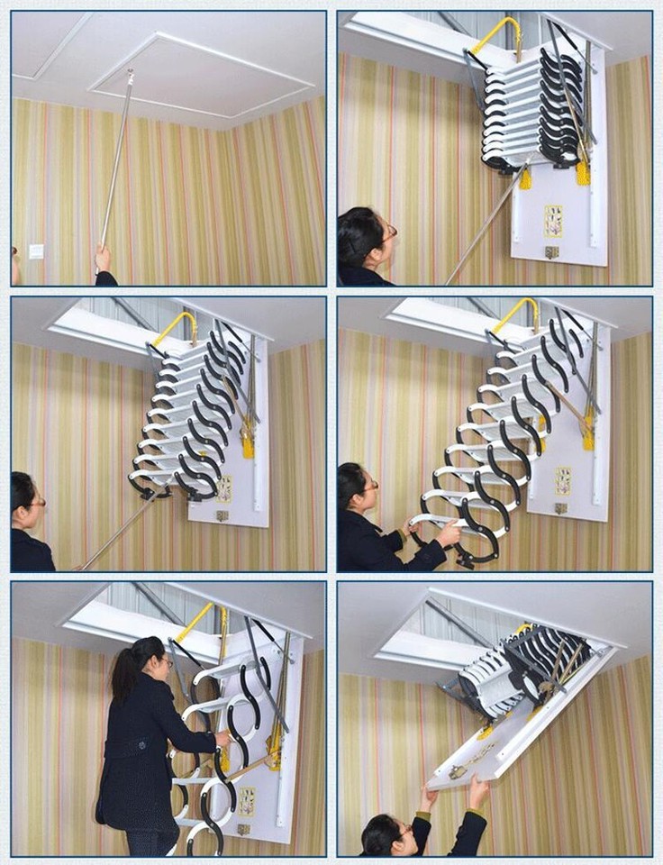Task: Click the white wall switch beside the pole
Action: coord(36,251)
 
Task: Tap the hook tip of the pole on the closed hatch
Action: coord(131,74)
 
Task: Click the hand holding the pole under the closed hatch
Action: coord(104,260)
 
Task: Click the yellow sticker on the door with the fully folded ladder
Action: coord(553,221)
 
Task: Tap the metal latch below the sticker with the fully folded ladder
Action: coord(551,252)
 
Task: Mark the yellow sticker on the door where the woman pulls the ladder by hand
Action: coord(563,480)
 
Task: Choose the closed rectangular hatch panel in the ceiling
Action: coord(201,76)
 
